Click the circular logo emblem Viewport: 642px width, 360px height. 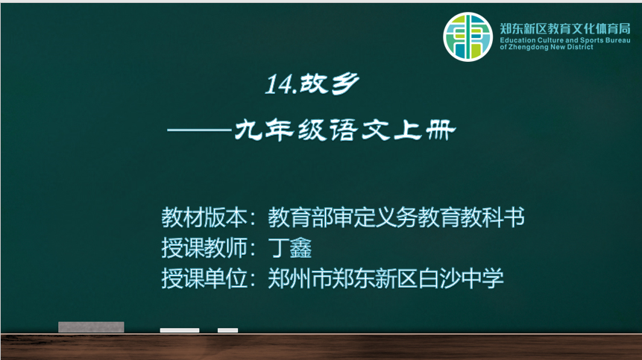[468, 37]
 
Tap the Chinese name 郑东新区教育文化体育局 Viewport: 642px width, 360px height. [565, 28]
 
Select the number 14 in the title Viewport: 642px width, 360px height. [279, 85]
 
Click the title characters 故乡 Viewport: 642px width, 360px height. [329, 84]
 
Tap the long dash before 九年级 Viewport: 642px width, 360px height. [199, 130]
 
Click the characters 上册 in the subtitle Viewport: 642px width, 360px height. [424, 130]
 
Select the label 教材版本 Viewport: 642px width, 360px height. [204, 217]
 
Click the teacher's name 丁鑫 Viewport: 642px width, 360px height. [290, 247]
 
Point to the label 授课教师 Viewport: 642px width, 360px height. [204, 247]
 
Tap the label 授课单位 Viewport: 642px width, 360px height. [204, 279]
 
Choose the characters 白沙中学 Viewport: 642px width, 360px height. [461, 279]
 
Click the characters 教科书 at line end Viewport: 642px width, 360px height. [493, 217]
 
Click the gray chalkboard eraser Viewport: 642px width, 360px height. [91, 327]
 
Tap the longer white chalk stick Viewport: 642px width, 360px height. [180, 330]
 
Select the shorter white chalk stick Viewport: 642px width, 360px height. [227, 330]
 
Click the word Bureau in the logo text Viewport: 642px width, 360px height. [617, 40]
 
